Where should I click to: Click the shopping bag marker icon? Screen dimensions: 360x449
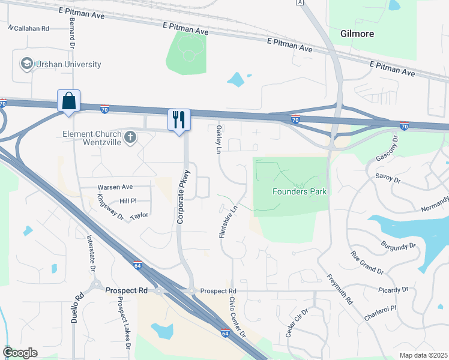point(69,100)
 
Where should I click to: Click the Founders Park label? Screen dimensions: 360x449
point(300,192)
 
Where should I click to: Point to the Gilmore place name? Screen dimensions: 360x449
point(357,34)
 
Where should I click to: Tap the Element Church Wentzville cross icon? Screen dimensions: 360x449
point(129,139)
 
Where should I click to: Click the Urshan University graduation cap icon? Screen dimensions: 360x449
point(26,63)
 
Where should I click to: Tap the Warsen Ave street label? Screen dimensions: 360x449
point(115,187)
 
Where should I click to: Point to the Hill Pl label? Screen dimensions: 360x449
point(128,201)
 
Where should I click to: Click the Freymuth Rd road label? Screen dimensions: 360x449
point(337,289)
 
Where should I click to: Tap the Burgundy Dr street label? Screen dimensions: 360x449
point(398,245)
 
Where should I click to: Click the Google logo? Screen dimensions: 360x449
point(20,353)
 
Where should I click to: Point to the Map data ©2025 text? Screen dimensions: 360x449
point(423,355)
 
